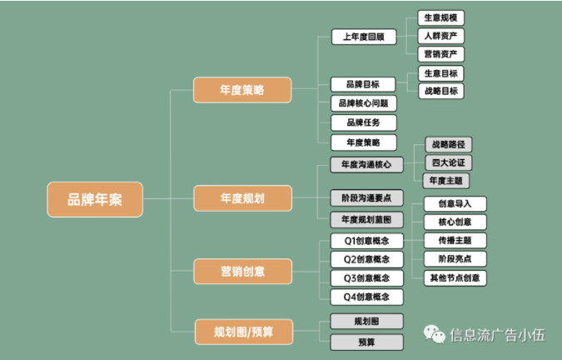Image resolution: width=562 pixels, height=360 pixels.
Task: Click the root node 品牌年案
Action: click(95, 199)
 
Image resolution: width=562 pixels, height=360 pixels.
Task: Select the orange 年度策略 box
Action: click(242, 90)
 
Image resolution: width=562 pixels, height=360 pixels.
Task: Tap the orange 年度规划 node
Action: click(242, 198)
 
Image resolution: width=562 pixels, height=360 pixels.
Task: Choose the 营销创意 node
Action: click(242, 272)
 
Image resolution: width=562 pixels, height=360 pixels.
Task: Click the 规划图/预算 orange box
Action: click(244, 332)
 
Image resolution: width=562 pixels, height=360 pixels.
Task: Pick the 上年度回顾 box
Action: click(364, 37)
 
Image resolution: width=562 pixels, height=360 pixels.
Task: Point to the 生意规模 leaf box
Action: click(440, 18)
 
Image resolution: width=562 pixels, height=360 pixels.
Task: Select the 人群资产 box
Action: click(440, 36)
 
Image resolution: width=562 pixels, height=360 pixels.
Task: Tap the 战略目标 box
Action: click(441, 91)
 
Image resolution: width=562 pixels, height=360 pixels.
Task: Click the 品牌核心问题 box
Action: click(364, 103)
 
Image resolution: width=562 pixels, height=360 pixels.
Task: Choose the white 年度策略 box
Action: click(364, 142)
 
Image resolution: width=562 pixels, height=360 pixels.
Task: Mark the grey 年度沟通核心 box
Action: click(366, 164)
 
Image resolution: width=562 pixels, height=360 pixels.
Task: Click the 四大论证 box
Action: click(449, 162)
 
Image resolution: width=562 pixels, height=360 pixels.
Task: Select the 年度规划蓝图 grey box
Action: click(366, 220)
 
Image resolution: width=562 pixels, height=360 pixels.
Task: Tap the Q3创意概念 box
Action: click(366, 278)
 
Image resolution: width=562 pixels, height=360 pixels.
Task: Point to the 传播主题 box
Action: click(455, 241)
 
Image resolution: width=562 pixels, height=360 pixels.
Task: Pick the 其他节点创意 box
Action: click(455, 277)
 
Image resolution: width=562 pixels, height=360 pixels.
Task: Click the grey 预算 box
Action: click(366, 342)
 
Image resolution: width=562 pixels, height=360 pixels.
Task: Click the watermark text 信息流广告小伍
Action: click(498, 335)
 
